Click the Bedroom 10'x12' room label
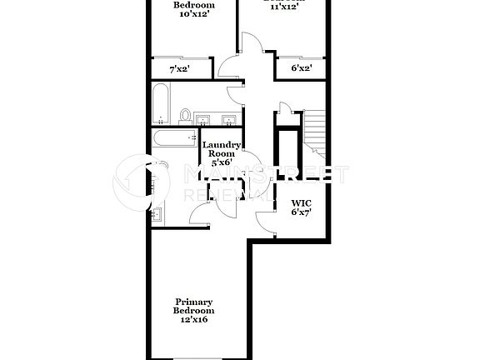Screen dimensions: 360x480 pyautogui.click(x=192, y=9)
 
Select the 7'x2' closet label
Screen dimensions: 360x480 pyautogui.click(x=179, y=69)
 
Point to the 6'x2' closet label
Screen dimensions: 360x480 pyautogui.click(x=301, y=69)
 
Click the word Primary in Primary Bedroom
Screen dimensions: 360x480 pyautogui.click(x=193, y=302)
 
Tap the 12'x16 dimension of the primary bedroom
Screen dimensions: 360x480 pyautogui.click(x=193, y=320)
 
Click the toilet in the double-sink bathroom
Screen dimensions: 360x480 pyautogui.click(x=186, y=114)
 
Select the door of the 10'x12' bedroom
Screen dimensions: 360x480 pyautogui.click(x=227, y=67)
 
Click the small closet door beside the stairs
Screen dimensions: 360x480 pyautogui.click(x=284, y=108)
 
